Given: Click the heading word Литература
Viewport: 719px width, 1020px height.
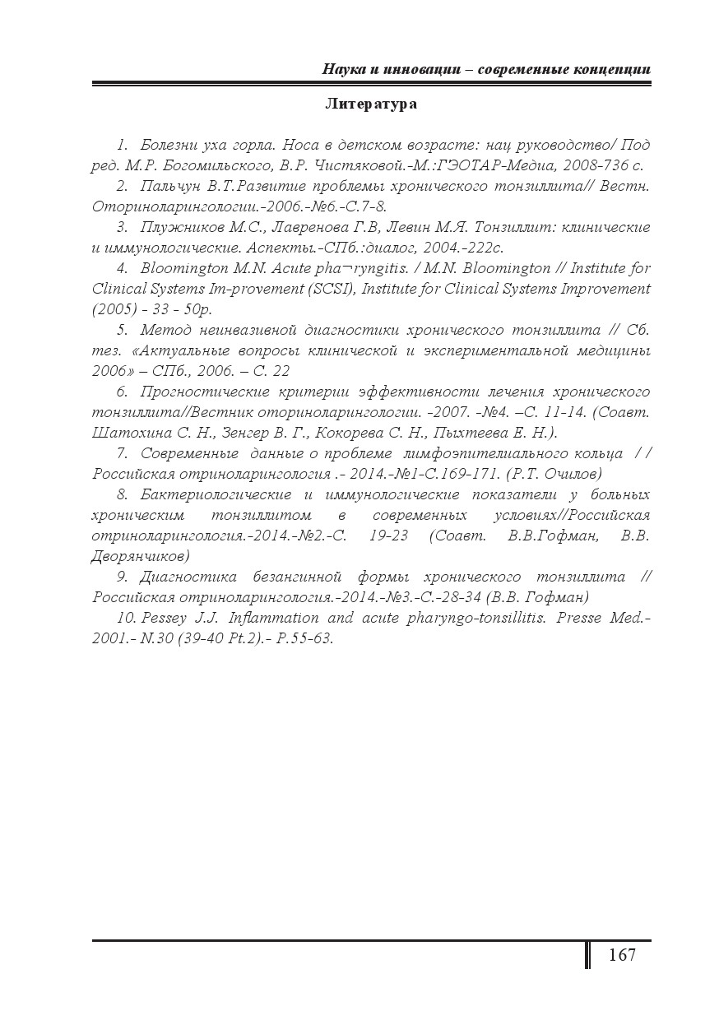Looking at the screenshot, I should coord(371,104).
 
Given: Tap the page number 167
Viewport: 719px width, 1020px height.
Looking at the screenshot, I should coord(622,955).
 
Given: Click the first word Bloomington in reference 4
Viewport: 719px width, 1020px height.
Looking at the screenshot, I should coord(182,268).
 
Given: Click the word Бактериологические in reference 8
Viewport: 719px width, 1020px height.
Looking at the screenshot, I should coord(216,494).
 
